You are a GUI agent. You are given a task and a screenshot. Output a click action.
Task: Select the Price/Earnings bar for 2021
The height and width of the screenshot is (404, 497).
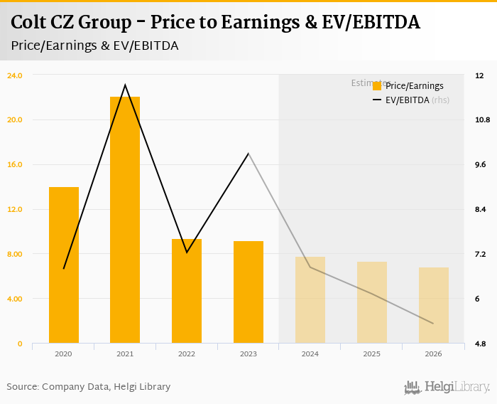point(125,220)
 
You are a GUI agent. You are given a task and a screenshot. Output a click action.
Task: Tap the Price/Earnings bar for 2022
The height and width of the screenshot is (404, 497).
point(187,291)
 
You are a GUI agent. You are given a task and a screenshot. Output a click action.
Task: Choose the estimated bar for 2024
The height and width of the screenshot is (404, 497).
point(310,299)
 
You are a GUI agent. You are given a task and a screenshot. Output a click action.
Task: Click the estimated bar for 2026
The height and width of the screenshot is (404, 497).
point(433,305)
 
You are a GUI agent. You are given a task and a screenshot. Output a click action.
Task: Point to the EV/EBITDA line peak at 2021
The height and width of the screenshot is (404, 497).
point(125,85)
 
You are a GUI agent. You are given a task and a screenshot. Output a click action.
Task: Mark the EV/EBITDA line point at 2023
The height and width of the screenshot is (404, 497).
point(248,154)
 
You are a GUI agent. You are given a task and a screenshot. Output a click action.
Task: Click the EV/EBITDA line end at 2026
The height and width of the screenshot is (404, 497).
point(433,324)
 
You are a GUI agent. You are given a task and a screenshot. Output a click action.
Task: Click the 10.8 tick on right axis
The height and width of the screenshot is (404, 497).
point(483,119)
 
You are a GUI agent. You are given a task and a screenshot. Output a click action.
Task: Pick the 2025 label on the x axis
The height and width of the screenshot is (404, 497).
point(371,353)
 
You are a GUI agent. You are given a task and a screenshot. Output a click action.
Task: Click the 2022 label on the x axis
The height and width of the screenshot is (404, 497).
point(187,353)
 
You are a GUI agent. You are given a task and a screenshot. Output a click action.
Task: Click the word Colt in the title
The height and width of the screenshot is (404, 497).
point(31,23)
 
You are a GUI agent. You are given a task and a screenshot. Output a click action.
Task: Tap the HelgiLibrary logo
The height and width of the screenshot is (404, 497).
point(447,387)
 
